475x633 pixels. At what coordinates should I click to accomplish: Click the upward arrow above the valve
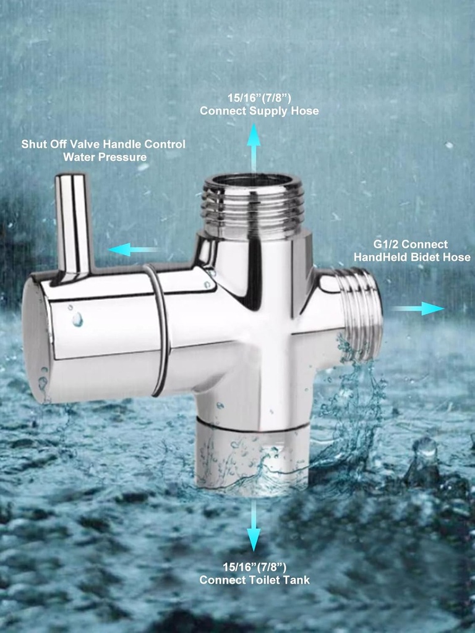(x=254, y=146)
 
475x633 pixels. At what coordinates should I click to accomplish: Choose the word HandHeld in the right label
(x=378, y=257)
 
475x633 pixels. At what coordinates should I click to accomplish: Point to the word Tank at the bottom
(x=298, y=580)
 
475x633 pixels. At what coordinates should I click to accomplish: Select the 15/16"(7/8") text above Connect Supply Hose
(x=259, y=98)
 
